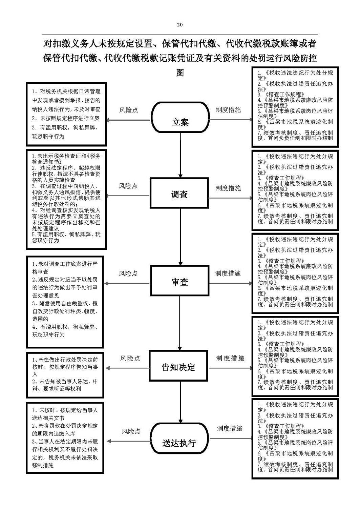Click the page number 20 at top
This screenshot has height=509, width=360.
pyautogui.click(x=179, y=25)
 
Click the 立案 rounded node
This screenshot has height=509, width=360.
pyautogui.click(x=180, y=117)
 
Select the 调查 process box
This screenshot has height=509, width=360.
pyautogui.click(x=179, y=193)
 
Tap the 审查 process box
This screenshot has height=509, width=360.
pyautogui.click(x=179, y=280)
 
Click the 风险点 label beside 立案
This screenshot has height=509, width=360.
pyautogui.click(x=129, y=110)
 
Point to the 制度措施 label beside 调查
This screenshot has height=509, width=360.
pyautogui.click(x=228, y=188)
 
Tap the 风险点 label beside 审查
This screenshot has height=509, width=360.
pyautogui.click(x=128, y=273)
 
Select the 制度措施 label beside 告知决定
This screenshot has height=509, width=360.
pyautogui.click(x=230, y=358)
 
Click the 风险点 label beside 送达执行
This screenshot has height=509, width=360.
pyautogui.click(x=131, y=431)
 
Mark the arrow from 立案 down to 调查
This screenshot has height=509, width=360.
pyautogui.click(x=181, y=155)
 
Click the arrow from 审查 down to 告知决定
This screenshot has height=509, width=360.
pyautogui.click(x=180, y=323)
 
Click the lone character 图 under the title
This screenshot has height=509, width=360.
pyautogui.click(x=180, y=73)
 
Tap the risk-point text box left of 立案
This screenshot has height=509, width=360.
pyautogui.click(x=66, y=114)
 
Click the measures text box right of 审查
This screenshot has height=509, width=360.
pyautogui.click(x=295, y=273)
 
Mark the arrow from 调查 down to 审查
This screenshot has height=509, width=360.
pyautogui.click(x=181, y=237)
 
